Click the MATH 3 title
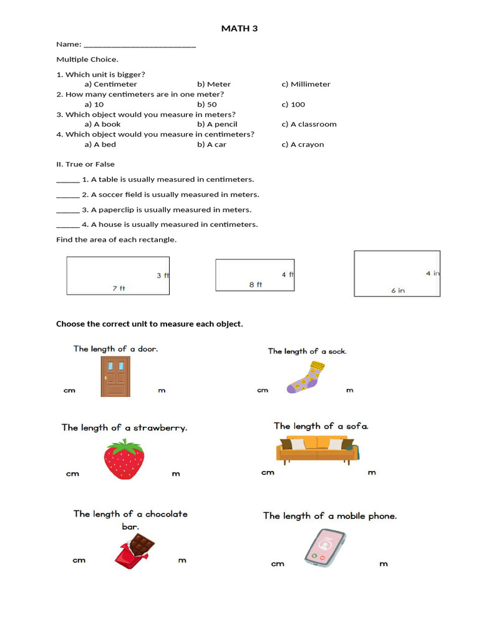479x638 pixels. click(239, 28)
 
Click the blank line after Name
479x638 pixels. click(140, 45)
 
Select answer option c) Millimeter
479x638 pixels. click(306, 84)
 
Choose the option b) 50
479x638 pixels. click(207, 104)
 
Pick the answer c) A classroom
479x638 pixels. click(309, 124)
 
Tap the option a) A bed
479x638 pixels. click(100, 144)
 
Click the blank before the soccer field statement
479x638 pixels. click(67, 195)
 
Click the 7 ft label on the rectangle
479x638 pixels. click(119, 288)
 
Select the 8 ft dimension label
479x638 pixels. click(256, 285)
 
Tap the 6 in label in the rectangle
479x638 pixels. click(398, 290)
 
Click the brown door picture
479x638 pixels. click(115, 376)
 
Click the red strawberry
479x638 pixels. click(123, 459)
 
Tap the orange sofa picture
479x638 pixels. click(317, 450)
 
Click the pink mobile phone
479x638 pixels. click(325, 547)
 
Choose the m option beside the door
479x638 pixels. click(162, 390)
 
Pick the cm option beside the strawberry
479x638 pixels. click(72, 474)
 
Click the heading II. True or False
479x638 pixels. click(85, 164)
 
